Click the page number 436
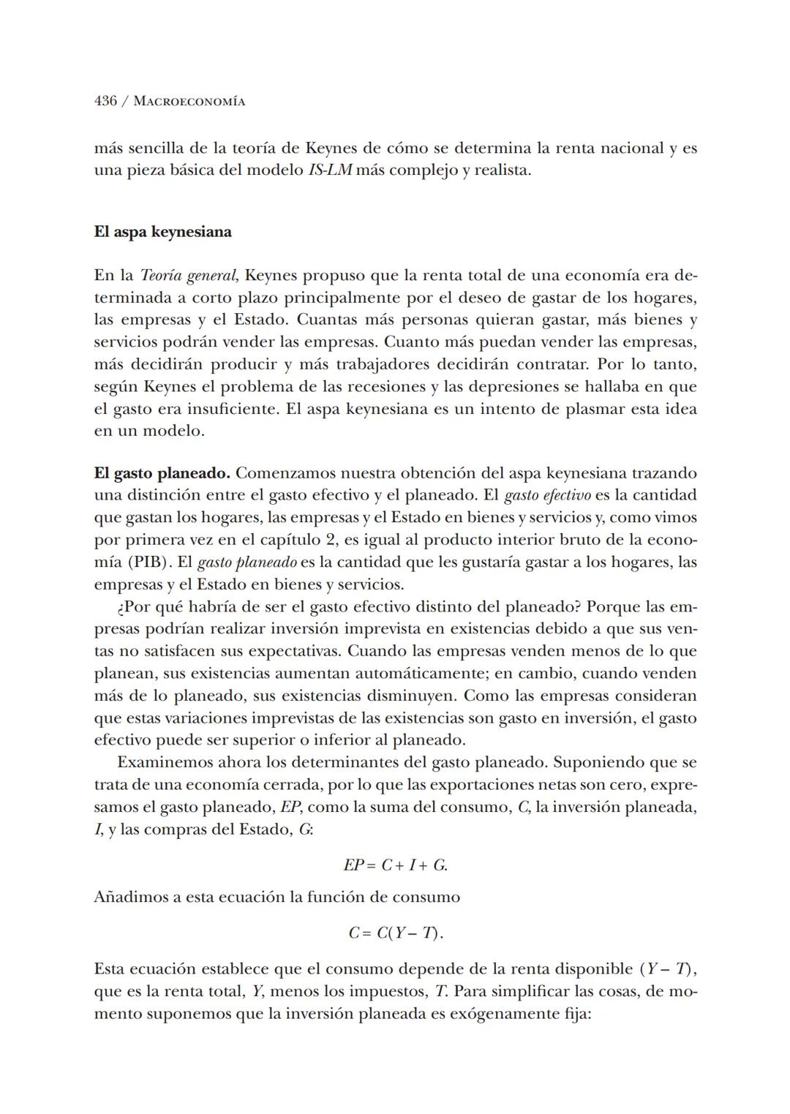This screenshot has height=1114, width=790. (105, 101)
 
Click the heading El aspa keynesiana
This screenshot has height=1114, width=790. (162, 232)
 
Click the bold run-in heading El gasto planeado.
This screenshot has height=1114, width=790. (162, 473)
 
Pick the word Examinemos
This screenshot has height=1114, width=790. (165, 762)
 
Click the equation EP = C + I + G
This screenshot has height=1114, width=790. (395, 865)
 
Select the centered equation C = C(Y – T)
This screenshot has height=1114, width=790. (395, 933)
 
